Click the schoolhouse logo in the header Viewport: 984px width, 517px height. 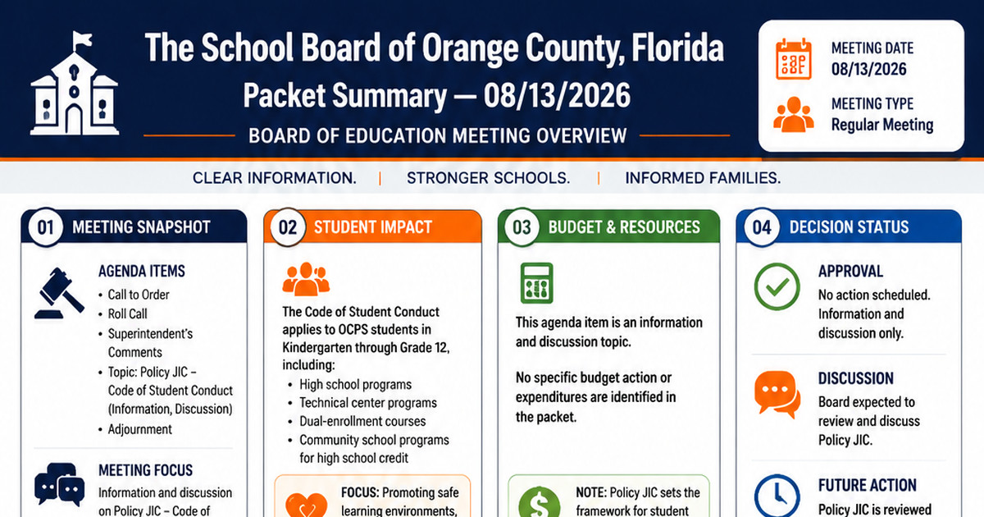(x=75, y=84)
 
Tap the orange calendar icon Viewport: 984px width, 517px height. (x=794, y=59)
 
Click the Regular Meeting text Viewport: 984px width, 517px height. (x=882, y=125)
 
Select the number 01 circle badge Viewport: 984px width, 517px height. (x=45, y=227)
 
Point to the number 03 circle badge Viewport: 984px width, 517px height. (x=522, y=227)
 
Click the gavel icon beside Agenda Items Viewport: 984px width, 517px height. (x=59, y=293)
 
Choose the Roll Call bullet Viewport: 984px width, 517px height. (x=127, y=313)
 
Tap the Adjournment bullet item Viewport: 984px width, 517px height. (x=139, y=429)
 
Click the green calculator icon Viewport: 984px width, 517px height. (x=536, y=283)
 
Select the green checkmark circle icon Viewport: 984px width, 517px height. (x=777, y=286)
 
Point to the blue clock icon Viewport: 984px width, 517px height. (x=777, y=496)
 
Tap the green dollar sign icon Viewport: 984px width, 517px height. (x=540, y=502)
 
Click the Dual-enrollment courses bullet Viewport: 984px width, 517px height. (x=362, y=421)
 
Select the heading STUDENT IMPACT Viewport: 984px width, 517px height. (x=373, y=226)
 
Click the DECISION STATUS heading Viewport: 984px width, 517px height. (x=850, y=226)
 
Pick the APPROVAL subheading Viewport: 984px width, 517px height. (x=850, y=272)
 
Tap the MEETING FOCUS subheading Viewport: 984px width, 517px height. (x=145, y=470)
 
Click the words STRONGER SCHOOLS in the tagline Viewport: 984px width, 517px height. (x=489, y=178)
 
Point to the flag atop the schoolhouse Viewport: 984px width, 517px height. (x=82, y=40)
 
